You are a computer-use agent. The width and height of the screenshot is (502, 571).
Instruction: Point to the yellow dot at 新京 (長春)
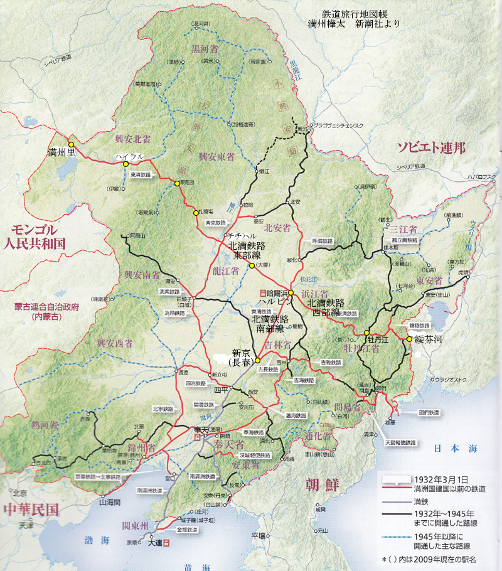pyautogui.click(x=257, y=360)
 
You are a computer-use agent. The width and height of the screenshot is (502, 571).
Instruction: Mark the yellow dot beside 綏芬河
pyautogui.click(x=409, y=339)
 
